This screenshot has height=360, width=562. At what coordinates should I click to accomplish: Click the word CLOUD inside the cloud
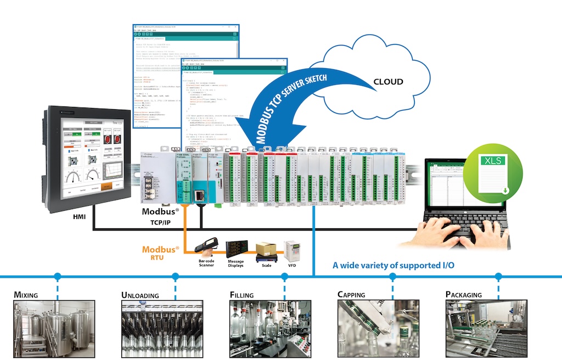(x=388, y=82)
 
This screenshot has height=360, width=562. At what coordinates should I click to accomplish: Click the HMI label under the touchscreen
(x=80, y=217)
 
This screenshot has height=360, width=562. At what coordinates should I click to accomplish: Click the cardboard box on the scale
(x=266, y=249)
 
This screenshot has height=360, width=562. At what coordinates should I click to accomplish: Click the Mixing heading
(x=26, y=295)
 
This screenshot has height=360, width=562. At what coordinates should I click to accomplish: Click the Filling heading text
(x=241, y=295)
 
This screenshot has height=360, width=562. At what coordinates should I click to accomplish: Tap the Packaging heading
(x=464, y=295)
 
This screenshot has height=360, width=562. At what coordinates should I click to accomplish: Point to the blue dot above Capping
(x=392, y=277)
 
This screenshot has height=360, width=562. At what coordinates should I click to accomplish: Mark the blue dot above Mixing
(x=57, y=277)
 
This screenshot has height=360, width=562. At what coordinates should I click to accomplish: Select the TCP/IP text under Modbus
(x=159, y=223)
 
